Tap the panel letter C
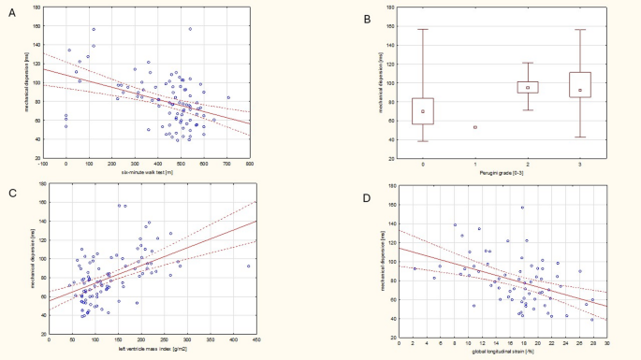(x=11, y=194)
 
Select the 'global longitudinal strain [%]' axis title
(x=503, y=351)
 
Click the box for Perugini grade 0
(x=423, y=110)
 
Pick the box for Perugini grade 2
(x=528, y=87)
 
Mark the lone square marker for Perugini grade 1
(x=475, y=127)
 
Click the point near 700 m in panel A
(x=227, y=97)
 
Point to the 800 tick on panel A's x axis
(x=251, y=164)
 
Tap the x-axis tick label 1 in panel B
(x=475, y=163)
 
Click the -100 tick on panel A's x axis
(x=43, y=164)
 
